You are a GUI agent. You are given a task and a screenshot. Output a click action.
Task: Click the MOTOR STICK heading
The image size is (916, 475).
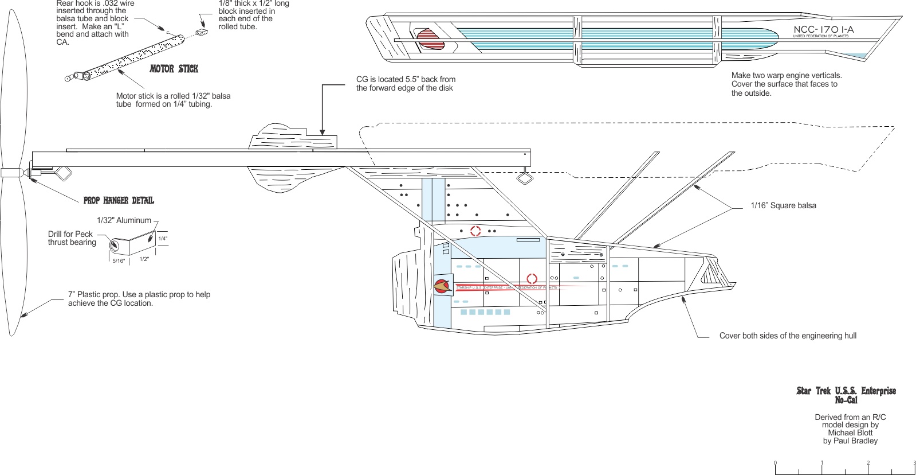[x=174, y=69]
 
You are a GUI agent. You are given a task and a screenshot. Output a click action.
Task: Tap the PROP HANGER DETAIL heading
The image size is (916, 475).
[x=119, y=200]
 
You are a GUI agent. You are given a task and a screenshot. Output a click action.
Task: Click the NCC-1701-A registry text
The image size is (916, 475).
[x=823, y=29]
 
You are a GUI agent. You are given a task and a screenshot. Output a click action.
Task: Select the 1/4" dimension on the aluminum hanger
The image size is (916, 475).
[x=163, y=239]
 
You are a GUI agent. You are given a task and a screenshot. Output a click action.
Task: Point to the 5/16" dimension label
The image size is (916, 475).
[x=119, y=261]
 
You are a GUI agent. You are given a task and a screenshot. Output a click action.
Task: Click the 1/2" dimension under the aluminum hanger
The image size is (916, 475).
[x=144, y=259]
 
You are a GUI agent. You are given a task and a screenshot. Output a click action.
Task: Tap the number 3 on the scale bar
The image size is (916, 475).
[x=914, y=463]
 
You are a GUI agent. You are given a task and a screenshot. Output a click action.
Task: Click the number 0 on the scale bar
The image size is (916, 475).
[x=775, y=463]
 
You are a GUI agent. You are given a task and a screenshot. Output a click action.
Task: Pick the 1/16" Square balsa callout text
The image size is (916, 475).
[x=783, y=205]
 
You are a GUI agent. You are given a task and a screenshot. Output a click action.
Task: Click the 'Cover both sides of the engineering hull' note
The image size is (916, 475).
[x=788, y=336]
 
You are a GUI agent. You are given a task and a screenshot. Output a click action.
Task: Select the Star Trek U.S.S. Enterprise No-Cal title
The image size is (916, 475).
[x=846, y=395]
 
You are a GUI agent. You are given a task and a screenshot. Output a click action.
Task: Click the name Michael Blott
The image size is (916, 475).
[x=850, y=433]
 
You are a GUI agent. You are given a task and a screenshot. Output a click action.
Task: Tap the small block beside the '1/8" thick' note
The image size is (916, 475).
[x=201, y=32]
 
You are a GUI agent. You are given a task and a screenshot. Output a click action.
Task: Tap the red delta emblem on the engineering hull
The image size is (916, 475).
[x=442, y=286]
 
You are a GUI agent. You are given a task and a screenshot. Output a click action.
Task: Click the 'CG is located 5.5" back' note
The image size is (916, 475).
[x=406, y=84]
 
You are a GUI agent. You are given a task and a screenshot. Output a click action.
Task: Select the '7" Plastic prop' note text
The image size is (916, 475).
[x=139, y=298]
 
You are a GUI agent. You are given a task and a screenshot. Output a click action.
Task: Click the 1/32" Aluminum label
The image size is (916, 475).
[x=124, y=220]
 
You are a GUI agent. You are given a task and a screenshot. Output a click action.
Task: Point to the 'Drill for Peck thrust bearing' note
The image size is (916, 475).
[x=72, y=238]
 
